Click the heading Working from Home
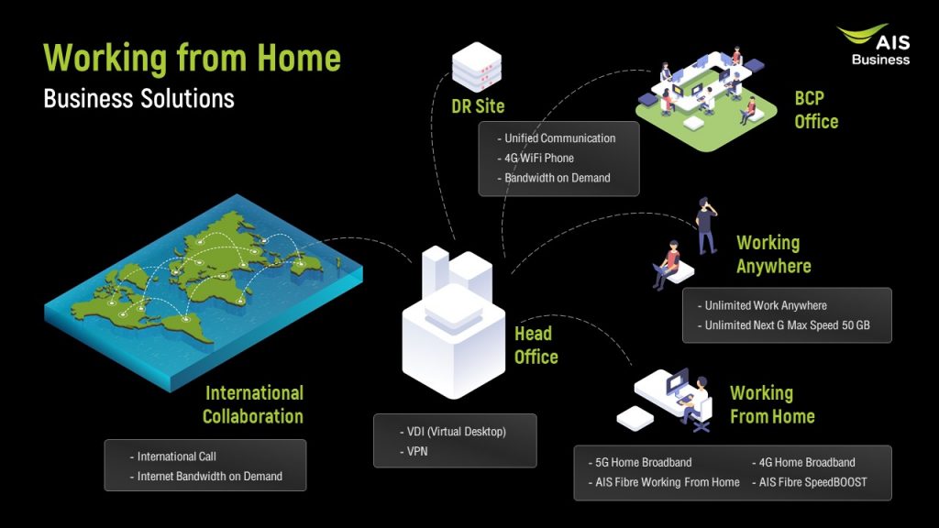[192, 59]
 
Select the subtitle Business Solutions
[138, 98]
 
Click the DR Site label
[478, 106]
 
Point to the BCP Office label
[816, 109]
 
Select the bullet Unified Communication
[559, 138]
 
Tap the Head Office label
[536, 345]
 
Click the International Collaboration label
[253, 404]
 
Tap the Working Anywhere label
[773, 255]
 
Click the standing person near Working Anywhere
[705, 225]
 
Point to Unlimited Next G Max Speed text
[787, 325]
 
